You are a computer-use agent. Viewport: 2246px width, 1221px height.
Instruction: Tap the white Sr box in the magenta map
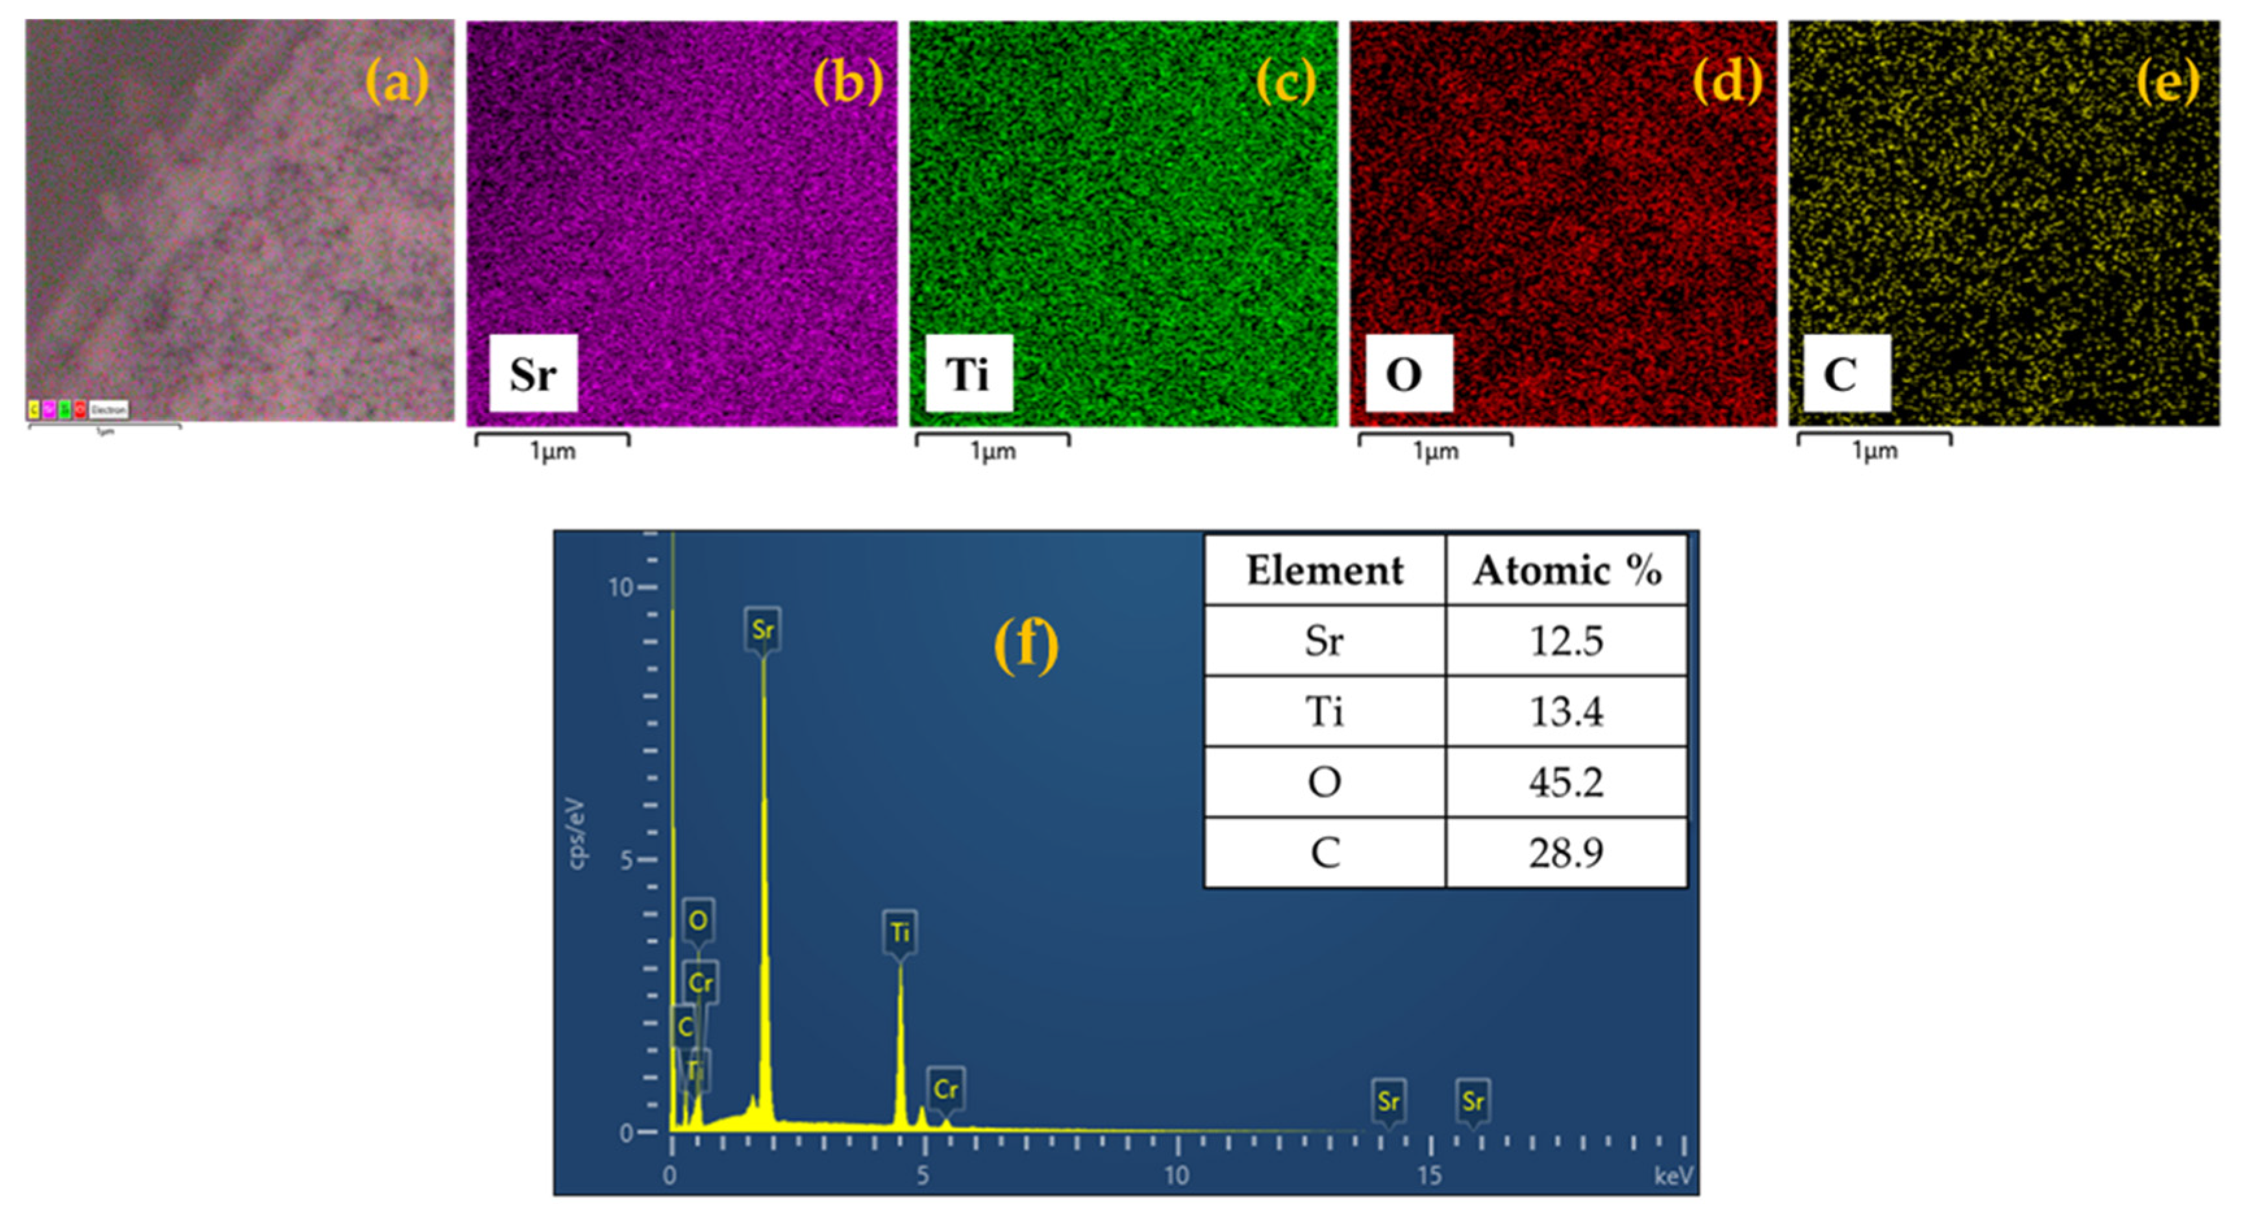point(532,373)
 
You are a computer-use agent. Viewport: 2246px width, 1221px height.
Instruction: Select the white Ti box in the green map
point(969,373)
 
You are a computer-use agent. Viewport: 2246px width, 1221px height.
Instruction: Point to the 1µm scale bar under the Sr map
point(552,440)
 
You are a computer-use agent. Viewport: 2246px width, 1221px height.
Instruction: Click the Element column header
point(1325,570)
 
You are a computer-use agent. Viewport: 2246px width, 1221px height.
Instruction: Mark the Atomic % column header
point(1567,570)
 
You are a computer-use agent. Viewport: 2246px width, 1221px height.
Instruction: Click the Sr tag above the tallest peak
point(763,629)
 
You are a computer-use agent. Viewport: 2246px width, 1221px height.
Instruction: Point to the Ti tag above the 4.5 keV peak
point(900,933)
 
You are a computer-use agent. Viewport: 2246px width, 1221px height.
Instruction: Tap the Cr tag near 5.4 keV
point(945,1089)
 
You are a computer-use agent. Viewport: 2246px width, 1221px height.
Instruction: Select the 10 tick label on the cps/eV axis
point(620,587)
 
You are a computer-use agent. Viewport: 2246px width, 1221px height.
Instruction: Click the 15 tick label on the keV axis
point(1429,1176)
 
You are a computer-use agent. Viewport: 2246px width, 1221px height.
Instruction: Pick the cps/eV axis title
point(577,833)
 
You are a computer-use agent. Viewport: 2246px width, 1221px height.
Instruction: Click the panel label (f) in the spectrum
point(1026,646)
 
